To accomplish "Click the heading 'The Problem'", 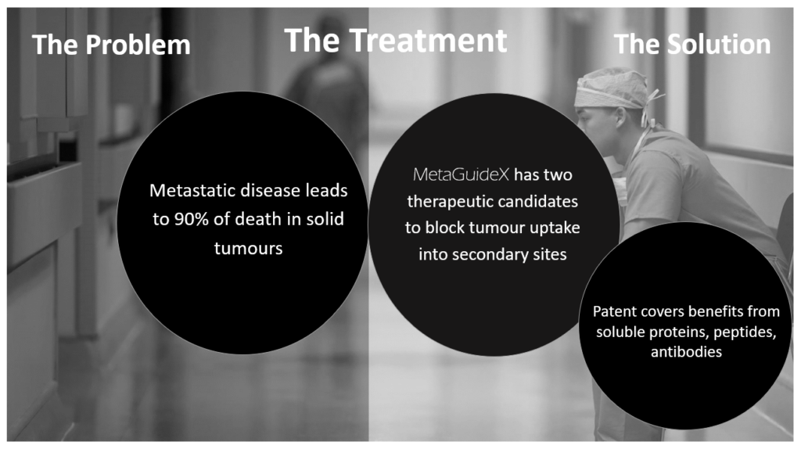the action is point(111,45).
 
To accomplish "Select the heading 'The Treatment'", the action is point(396,41).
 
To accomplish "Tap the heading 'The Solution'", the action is point(692,44).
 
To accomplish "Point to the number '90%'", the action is point(192,219).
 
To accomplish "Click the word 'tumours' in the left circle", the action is point(248,248).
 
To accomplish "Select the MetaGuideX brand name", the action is point(461,174).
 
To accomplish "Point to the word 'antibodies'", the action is point(686,352).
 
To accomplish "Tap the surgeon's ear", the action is point(620,117).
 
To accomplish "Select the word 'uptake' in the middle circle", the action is point(555,228).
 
